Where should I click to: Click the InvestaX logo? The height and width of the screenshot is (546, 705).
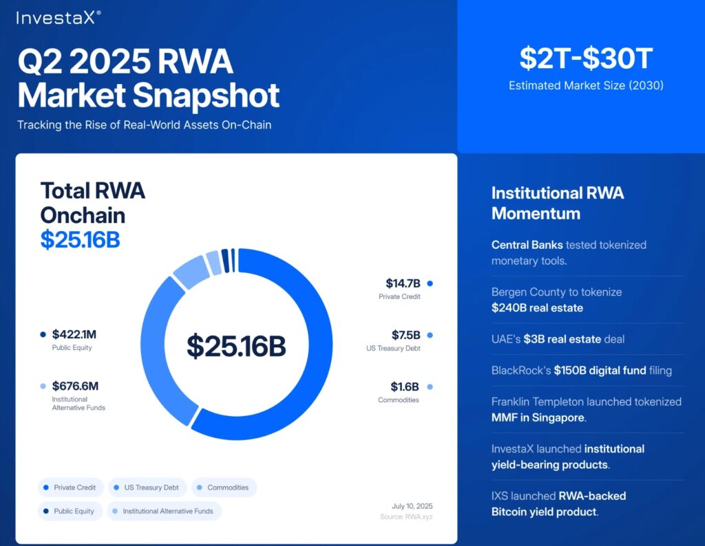click(59, 17)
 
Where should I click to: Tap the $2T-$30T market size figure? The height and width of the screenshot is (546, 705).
click(585, 59)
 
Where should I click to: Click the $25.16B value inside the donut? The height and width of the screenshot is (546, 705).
click(236, 345)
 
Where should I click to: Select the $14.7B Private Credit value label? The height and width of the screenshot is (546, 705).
click(403, 283)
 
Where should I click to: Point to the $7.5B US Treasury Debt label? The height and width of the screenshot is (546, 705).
click(406, 335)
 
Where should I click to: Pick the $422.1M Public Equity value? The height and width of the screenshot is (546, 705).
click(74, 335)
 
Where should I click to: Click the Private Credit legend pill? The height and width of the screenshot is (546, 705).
click(71, 488)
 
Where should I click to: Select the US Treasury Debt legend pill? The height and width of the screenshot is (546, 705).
click(146, 488)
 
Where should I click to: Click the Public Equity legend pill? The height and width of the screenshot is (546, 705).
click(71, 511)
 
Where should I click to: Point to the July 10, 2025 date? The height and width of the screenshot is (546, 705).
click(412, 506)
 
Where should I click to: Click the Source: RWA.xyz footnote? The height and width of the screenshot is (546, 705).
click(406, 516)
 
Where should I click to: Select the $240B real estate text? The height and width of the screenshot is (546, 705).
click(537, 307)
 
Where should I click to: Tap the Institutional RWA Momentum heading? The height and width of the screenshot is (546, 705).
click(558, 203)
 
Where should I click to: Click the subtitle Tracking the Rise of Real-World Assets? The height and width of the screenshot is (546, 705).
click(144, 125)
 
